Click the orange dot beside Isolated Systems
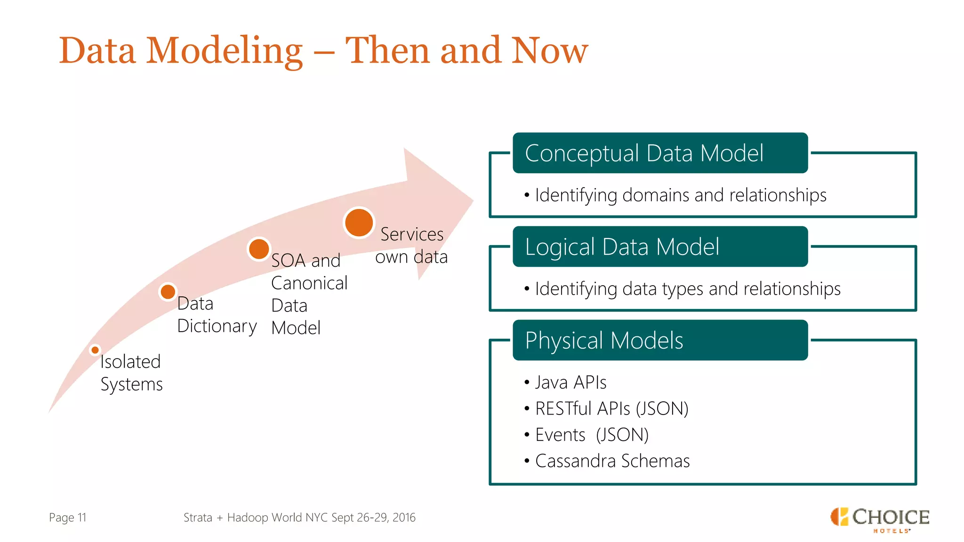[x=95, y=350]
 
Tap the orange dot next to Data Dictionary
[x=168, y=292]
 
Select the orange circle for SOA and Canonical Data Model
[x=259, y=249]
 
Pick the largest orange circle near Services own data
[x=359, y=223]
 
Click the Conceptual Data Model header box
[x=660, y=153]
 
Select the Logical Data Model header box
[x=660, y=247]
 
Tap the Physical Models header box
[x=660, y=341]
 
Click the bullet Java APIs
[x=570, y=383]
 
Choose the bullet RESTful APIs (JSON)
[x=611, y=409]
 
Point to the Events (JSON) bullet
[x=592, y=435]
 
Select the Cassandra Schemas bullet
[x=612, y=461]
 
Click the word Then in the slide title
[x=387, y=51]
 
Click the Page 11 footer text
[x=68, y=518]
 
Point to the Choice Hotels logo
[x=879, y=519]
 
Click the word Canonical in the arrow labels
[x=309, y=283]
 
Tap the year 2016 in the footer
[x=404, y=518]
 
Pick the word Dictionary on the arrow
[x=217, y=326]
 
